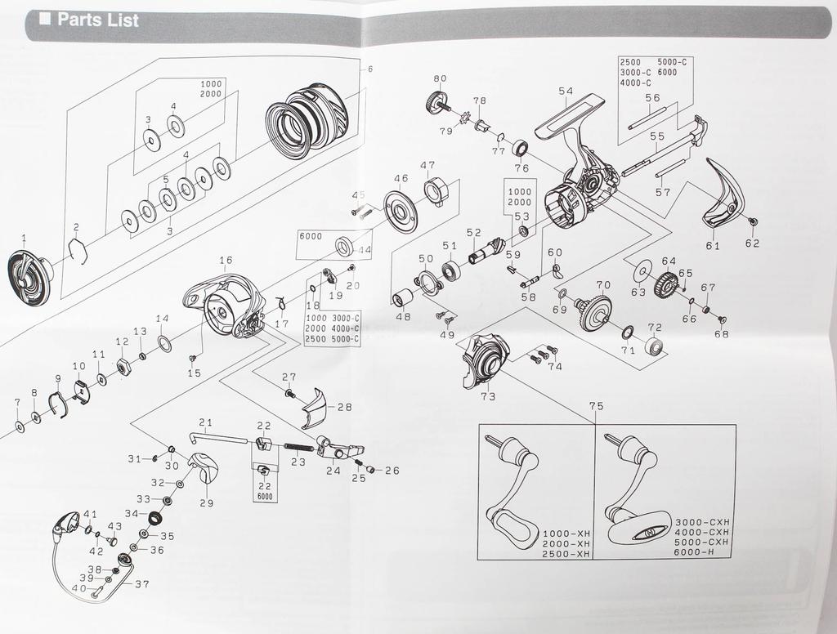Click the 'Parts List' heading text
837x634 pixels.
tap(98, 20)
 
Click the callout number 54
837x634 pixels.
tap(566, 92)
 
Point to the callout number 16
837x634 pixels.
tap(226, 260)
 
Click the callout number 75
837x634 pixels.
tap(596, 406)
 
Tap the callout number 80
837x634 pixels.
tap(440, 78)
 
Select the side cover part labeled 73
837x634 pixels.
tap(484, 361)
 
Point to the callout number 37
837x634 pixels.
tap(142, 584)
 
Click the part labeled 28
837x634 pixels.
tap(316, 409)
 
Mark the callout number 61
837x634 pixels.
tap(713, 245)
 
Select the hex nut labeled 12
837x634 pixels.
tap(123, 368)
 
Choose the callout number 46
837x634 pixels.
tap(401, 178)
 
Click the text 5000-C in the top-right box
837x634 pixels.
tap(672, 62)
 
